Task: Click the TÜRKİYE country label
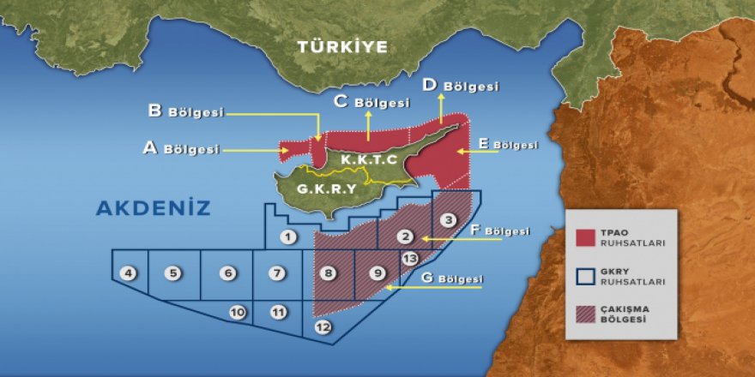342,47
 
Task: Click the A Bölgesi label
180,148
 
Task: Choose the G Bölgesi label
452,279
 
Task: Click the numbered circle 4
129,273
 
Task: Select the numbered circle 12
323,326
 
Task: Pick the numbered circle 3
448,219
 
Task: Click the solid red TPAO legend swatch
586,237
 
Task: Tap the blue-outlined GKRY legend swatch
586,276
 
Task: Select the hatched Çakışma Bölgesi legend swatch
586,314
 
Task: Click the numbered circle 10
238,312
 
